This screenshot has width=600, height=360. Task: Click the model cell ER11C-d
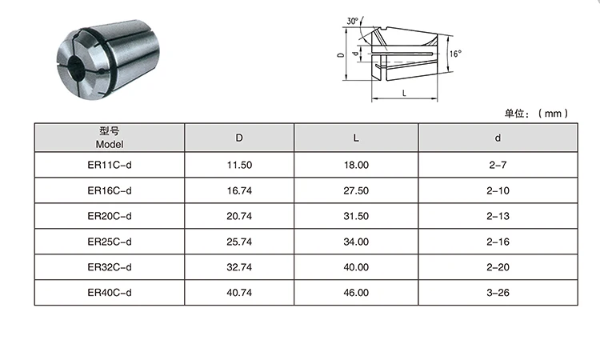tap(109, 165)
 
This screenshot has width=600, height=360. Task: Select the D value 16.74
tap(239, 190)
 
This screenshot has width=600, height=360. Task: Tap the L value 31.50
tap(356, 216)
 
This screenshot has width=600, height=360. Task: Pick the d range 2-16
tap(497, 242)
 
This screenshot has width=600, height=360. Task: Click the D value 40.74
tap(239, 292)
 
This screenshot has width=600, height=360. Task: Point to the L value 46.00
tap(356, 292)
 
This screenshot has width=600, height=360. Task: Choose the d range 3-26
tap(497, 292)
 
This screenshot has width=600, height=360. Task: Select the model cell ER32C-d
tap(109, 267)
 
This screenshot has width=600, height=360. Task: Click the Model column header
tap(109, 138)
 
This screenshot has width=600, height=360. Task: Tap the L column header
tap(356, 138)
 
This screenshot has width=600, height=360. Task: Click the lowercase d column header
tap(497, 138)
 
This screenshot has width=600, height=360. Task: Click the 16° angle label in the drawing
tap(455, 54)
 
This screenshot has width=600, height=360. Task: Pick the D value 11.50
tap(239, 165)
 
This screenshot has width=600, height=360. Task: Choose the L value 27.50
tap(356, 190)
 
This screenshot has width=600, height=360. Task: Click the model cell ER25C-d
tap(109, 242)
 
